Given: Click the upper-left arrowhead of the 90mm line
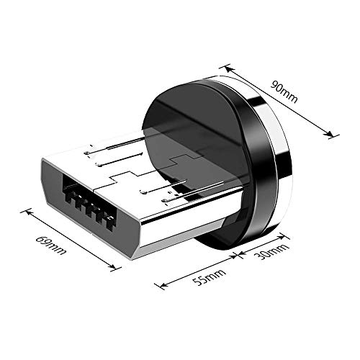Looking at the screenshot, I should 228,67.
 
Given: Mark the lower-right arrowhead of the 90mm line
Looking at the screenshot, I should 334,134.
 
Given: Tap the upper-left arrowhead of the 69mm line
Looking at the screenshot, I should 27,212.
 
